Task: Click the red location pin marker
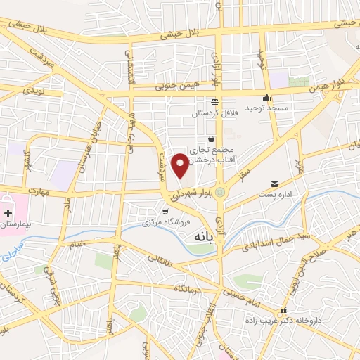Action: point(180,166)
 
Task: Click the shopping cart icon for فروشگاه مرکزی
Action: point(165,211)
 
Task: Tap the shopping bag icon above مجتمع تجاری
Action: point(211,139)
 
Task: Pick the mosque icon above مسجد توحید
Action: point(266,98)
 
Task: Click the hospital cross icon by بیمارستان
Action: point(8,212)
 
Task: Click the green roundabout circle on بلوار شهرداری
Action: point(221,192)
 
